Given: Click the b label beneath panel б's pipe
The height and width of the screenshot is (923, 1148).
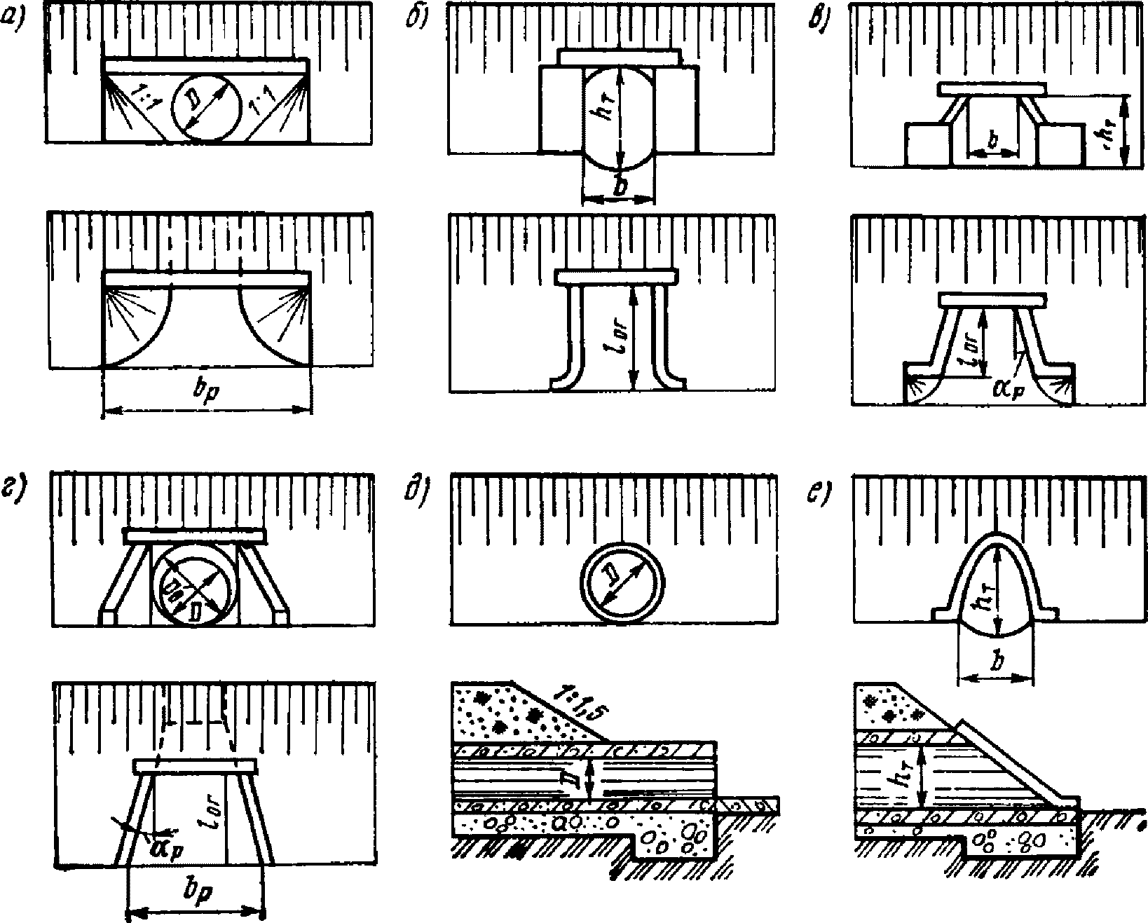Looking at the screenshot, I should pos(620,187).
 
